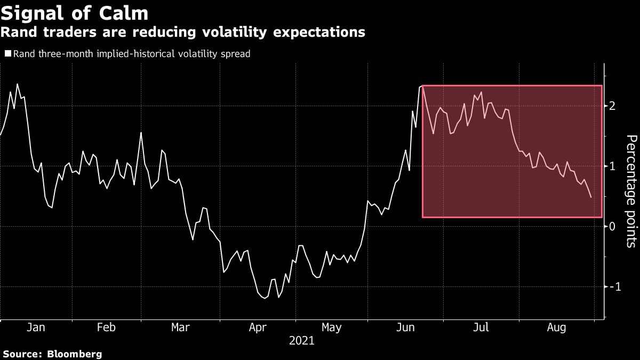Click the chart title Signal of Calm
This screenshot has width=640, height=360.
pyautogui.click(x=75, y=12)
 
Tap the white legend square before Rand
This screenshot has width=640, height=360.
pyautogui.click(x=8, y=53)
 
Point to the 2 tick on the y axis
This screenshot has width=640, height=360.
pyautogui.click(x=613, y=106)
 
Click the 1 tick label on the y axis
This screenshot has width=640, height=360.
pyautogui.click(x=613, y=166)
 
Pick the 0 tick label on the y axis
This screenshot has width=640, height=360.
pyautogui.click(x=613, y=227)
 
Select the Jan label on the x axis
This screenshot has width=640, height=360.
pyautogui.click(x=36, y=327)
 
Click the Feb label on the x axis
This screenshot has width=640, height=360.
pyautogui.click(x=106, y=327)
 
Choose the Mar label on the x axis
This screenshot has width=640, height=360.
pyautogui.click(x=180, y=327)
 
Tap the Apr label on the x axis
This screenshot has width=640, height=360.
pyautogui.click(x=258, y=327)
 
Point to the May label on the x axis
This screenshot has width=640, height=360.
pyautogui.click(x=332, y=327)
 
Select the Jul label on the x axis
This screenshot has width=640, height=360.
pyautogui.click(x=482, y=327)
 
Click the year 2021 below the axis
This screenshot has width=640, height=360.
pyautogui.click(x=302, y=340)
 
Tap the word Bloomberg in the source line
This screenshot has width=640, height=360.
pyautogui.click(x=75, y=354)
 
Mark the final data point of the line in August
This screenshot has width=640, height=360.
pyautogui.click(x=591, y=197)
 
